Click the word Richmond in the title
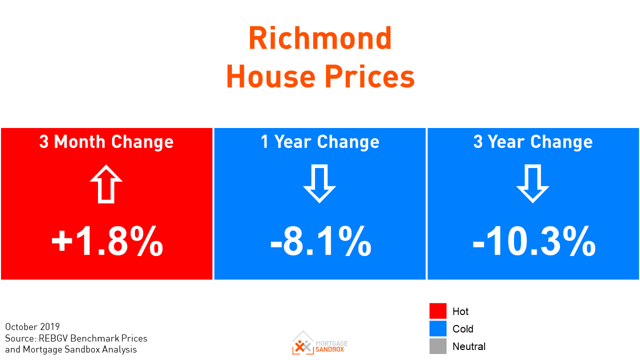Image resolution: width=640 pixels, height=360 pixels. (320, 38)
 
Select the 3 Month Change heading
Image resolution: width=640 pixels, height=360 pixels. (106, 142)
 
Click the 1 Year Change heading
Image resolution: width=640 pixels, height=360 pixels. (320, 142)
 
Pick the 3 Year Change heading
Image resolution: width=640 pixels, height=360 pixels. (533, 142)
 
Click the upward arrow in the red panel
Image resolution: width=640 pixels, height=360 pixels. (106, 184)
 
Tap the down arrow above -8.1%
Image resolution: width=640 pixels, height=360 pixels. (319, 184)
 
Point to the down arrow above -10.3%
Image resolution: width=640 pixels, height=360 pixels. (533, 184)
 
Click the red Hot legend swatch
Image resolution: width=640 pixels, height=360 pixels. (437, 311)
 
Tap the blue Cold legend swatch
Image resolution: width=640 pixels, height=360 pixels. (437, 328)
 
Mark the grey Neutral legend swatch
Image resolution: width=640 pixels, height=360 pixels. (437, 346)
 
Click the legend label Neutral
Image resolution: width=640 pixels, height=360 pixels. (469, 346)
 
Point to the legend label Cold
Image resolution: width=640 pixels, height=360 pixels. (462, 329)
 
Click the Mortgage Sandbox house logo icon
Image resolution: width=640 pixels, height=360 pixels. (303, 342)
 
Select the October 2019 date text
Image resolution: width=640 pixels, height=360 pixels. (32, 327)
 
